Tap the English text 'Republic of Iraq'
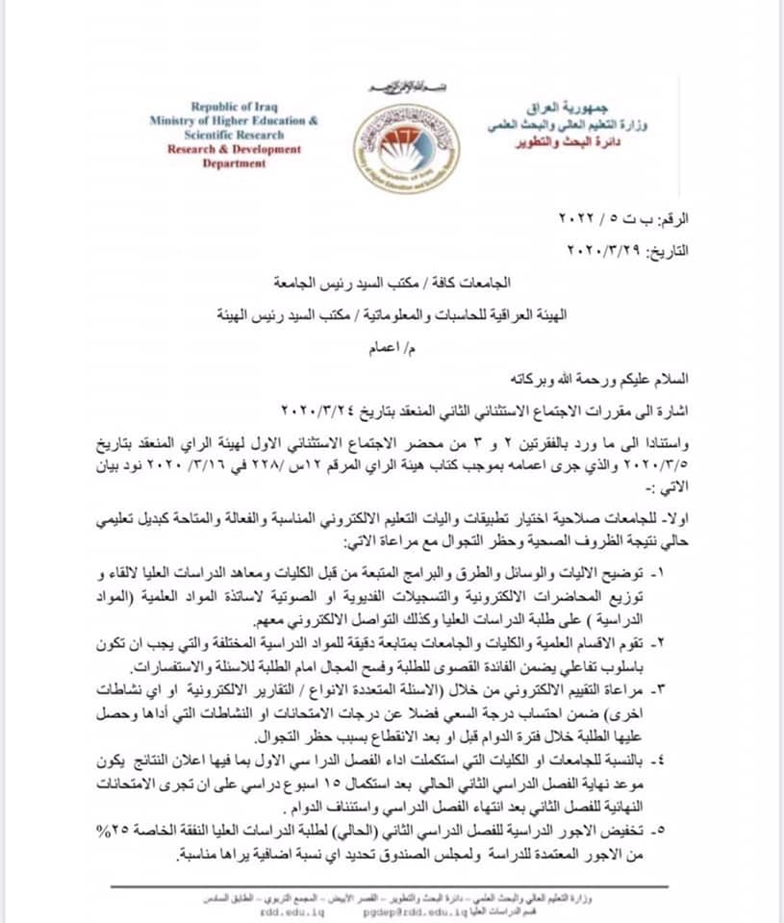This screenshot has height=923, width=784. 233,107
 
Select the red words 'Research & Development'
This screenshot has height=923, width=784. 233,149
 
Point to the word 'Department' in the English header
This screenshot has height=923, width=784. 234,163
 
